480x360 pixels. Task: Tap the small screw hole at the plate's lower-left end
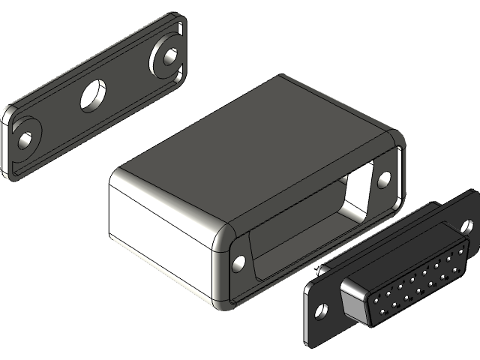26,139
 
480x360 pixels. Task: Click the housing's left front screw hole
239,262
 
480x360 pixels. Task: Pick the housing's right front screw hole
384,178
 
